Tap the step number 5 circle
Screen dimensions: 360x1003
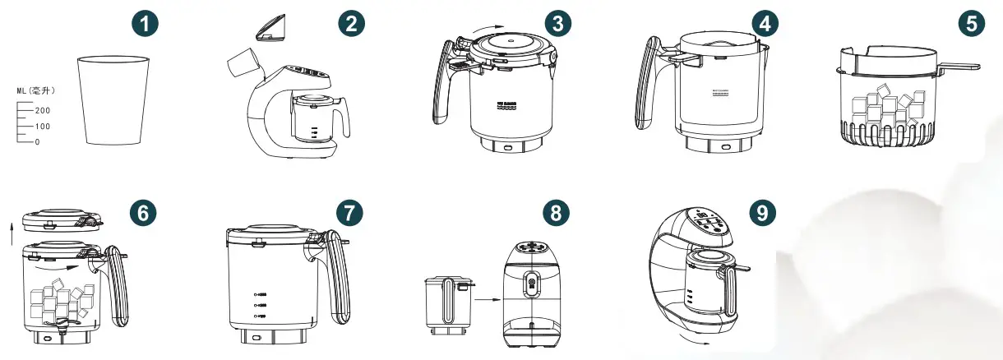point(972,25)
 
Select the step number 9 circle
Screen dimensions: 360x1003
point(765,213)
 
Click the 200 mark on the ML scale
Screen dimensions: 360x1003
point(43,110)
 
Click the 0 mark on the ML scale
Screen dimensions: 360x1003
point(36,142)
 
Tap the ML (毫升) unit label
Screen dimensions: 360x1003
point(36,90)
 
